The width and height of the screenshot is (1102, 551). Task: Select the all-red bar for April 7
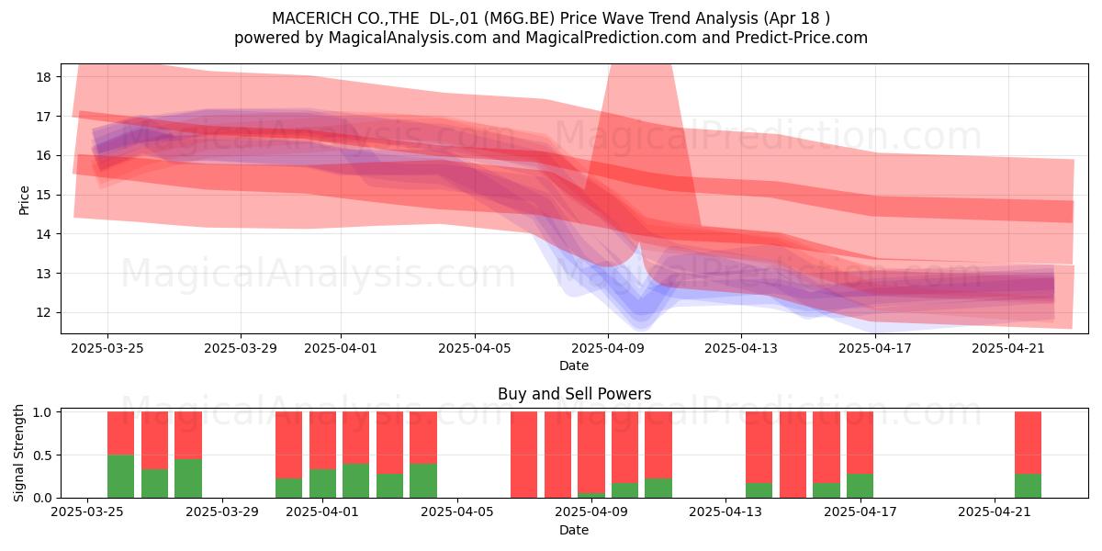tap(524, 455)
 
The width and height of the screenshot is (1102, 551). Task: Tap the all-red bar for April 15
tap(793, 455)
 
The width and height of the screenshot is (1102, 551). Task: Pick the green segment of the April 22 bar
tap(1029, 486)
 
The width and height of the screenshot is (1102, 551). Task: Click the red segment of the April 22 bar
tap(1029, 443)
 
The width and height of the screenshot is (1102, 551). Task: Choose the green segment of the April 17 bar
tap(860, 486)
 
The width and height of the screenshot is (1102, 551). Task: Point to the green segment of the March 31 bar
tap(288, 488)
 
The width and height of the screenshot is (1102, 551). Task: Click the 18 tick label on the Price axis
tap(43, 77)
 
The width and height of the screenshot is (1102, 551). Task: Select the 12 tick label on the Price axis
tap(43, 313)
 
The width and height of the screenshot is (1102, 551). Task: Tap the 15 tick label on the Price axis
tap(43, 195)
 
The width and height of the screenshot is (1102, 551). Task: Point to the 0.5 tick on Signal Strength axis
tap(42, 455)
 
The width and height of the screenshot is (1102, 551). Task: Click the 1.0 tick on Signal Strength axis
tap(42, 412)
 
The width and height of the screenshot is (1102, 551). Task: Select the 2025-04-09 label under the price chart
tap(608, 348)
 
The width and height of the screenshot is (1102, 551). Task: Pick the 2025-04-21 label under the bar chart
tap(995, 512)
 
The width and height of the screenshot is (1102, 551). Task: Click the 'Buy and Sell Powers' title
tap(575, 394)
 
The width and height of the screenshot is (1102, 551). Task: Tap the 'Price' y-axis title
tap(24, 200)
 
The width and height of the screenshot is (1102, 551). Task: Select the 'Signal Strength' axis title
tap(18, 453)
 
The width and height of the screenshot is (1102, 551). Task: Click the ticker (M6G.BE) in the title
tap(519, 18)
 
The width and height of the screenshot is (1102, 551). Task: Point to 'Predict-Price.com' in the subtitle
tap(802, 38)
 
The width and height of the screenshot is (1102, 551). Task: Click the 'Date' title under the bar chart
tap(574, 530)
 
